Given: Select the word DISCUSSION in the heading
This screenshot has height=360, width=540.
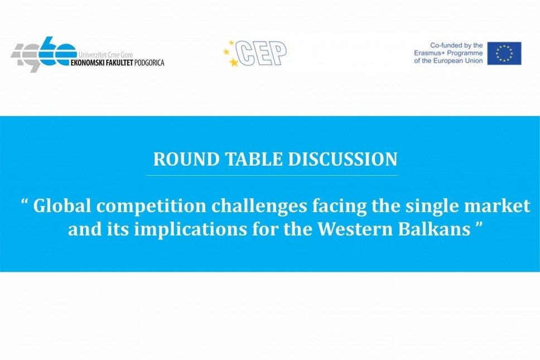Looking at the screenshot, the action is click(x=343, y=159).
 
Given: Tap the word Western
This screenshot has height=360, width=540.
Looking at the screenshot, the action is click(x=355, y=229).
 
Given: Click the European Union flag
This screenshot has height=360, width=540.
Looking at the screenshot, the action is click(x=504, y=54).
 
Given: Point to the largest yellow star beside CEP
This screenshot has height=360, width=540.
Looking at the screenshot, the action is click(x=234, y=62).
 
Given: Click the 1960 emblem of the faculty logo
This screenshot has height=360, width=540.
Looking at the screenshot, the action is click(x=43, y=54).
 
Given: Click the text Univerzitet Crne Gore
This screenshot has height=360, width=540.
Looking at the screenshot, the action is click(x=105, y=55).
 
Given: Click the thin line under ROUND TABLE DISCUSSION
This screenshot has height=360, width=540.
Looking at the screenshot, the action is click(x=272, y=176).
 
